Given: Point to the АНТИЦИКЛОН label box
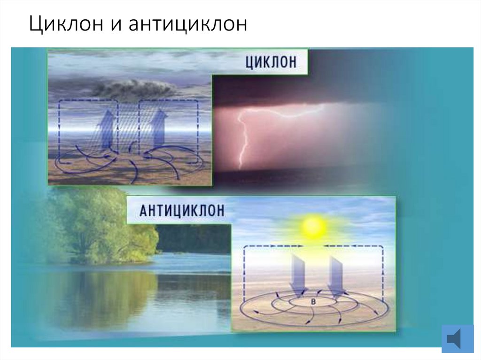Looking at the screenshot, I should click(181, 210).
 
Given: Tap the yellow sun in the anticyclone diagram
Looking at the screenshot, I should click(314, 227).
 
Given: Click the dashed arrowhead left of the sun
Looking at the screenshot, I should click(299, 245).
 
